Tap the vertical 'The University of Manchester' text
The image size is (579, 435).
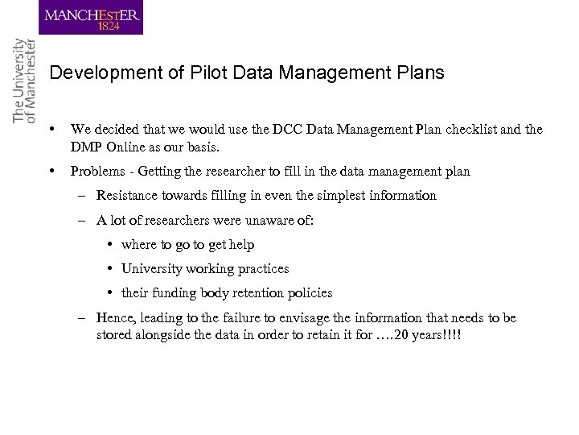tap(25, 81)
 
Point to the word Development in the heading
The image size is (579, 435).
tap(95, 73)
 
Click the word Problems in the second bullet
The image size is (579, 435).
tap(96, 171)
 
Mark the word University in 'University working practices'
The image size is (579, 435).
tap(152, 269)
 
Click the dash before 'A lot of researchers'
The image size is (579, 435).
tap(83, 220)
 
